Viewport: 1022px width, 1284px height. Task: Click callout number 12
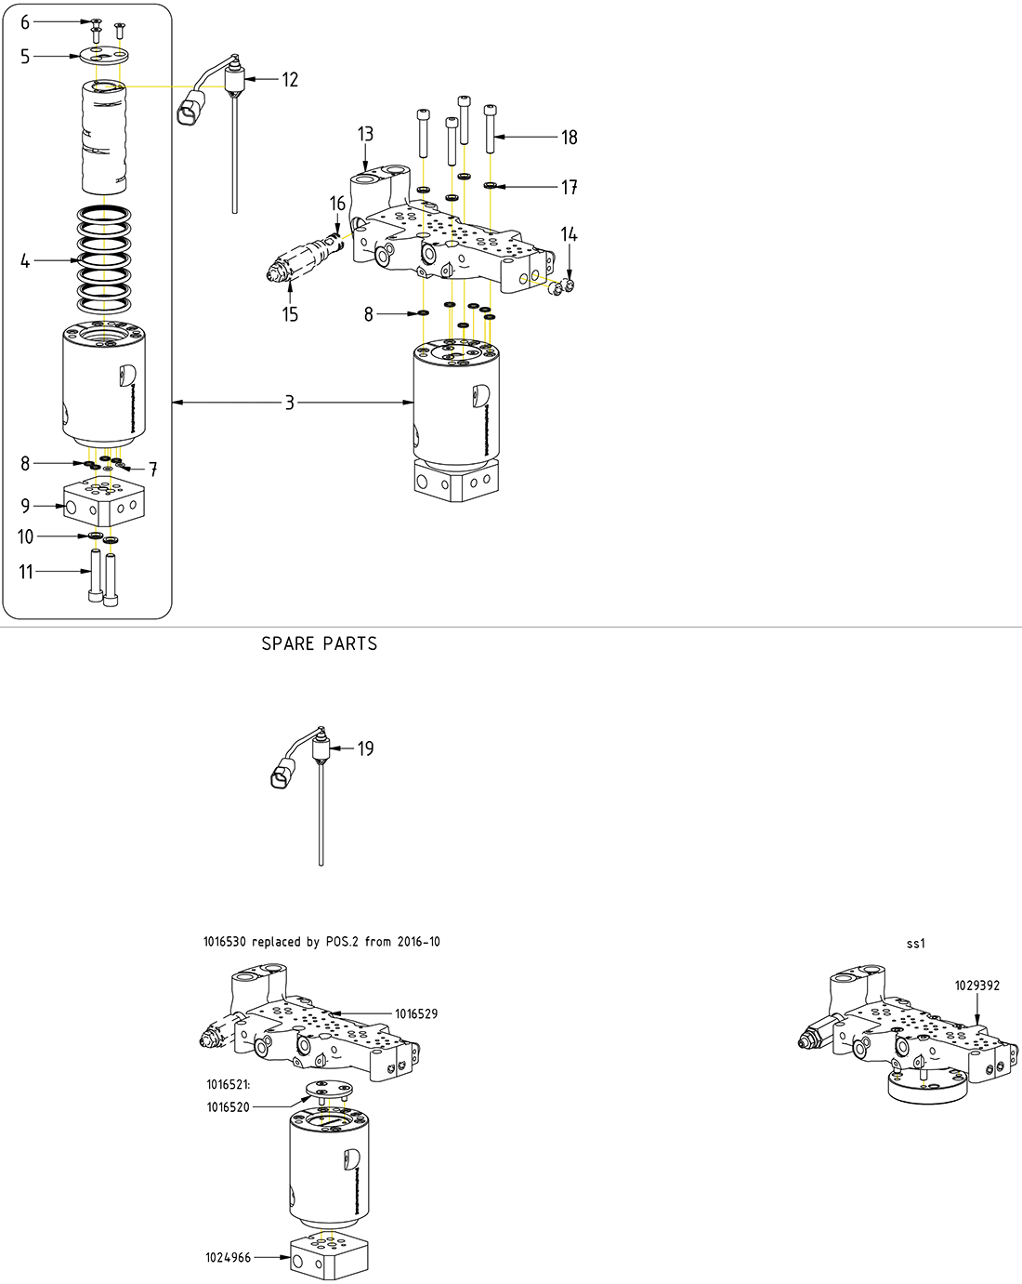click(x=290, y=80)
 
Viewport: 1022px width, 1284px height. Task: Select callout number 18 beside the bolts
click(x=569, y=138)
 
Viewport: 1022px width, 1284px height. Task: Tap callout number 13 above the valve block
click(x=365, y=135)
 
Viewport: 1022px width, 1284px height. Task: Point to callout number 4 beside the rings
click(x=25, y=261)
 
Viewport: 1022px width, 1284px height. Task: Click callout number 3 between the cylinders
click(x=290, y=403)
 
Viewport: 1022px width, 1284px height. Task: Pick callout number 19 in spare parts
click(x=365, y=748)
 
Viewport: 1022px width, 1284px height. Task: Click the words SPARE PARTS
click(x=319, y=643)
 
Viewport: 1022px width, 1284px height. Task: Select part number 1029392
click(x=977, y=986)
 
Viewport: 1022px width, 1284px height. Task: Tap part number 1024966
click(x=228, y=1258)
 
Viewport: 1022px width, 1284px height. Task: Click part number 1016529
click(x=416, y=1014)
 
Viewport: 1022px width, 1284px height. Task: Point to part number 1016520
click(x=228, y=1107)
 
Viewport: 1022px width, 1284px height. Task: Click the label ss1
click(x=916, y=944)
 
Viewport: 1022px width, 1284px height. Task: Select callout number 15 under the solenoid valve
click(x=290, y=314)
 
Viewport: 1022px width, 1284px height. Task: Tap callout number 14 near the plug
click(x=569, y=235)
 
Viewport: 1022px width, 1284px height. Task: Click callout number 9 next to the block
click(x=25, y=506)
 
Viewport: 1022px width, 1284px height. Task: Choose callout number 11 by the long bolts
click(x=26, y=572)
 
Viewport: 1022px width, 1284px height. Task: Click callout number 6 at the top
click(x=25, y=22)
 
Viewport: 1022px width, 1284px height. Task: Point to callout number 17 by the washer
click(x=569, y=188)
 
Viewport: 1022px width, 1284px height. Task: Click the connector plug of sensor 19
click(x=283, y=774)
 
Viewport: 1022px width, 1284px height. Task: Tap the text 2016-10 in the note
click(x=418, y=942)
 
